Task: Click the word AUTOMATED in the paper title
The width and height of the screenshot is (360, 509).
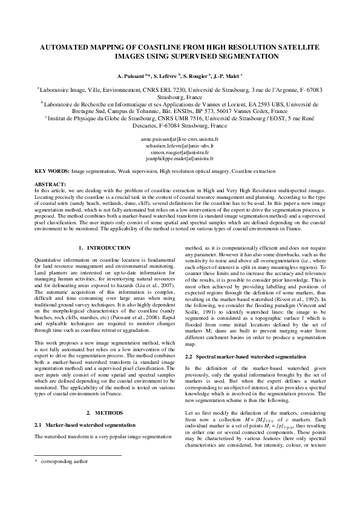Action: pos(65,47)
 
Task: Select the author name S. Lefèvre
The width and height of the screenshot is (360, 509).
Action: pos(170,77)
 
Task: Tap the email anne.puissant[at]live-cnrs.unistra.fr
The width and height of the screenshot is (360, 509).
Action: pos(180,139)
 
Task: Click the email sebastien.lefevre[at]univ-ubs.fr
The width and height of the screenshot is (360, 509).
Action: pos(180,146)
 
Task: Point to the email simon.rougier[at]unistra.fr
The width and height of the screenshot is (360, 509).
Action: pos(180,152)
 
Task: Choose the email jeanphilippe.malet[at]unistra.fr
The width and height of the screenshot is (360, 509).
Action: pos(180,159)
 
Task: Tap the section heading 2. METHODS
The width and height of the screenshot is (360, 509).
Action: pos(100,412)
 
